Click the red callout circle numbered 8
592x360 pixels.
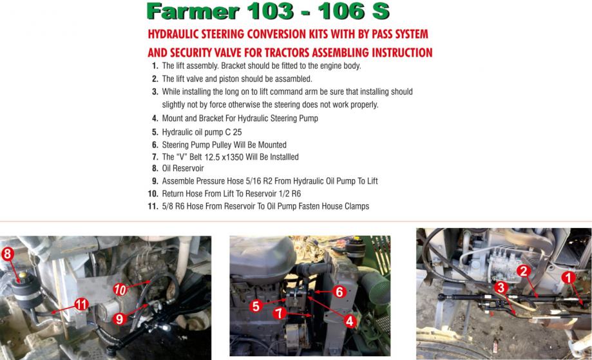click(x=8, y=254)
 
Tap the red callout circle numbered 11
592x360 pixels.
click(x=82, y=304)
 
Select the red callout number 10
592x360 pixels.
click(x=120, y=290)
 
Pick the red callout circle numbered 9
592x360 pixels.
click(x=119, y=319)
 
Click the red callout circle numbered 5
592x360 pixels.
click(x=256, y=306)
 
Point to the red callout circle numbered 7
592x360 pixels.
click(x=280, y=313)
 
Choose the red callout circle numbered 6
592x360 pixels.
click(x=339, y=292)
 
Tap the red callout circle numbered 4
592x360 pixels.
click(x=350, y=321)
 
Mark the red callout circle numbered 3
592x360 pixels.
click(x=501, y=288)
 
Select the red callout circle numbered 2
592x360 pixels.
click(x=523, y=271)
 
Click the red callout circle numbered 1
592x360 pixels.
click(x=568, y=278)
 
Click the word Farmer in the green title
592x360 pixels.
click(x=193, y=12)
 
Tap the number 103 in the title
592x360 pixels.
click(x=271, y=12)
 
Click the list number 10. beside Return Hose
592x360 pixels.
click(x=153, y=194)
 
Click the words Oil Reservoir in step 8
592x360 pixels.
click(x=183, y=168)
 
